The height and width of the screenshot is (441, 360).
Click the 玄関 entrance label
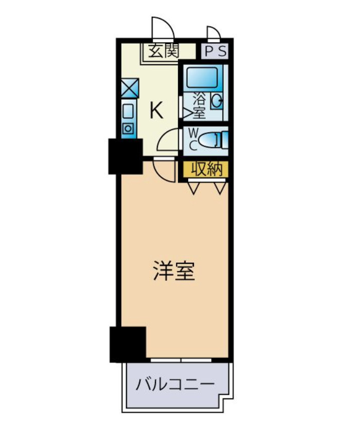coord(164,51)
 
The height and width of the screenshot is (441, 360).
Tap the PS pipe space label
coord(215,51)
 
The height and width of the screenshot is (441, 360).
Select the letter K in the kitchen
coord(156,109)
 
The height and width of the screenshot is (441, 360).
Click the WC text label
coord(192,139)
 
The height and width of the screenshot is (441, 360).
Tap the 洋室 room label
coord(174,271)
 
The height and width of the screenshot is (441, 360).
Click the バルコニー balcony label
coord(175,384)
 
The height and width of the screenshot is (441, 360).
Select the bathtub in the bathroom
coord(203,77)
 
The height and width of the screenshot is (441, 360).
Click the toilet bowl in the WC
coord(211,139)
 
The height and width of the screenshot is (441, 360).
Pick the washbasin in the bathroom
coord(218,101)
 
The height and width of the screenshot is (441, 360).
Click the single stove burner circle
coord(129,127)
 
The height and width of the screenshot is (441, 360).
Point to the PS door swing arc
coord(214,33)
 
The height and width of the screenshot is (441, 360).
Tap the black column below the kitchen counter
coord(125,156)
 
